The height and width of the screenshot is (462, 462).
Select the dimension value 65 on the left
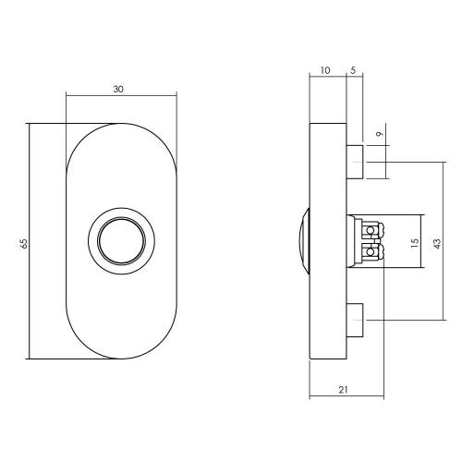tap(22, 242)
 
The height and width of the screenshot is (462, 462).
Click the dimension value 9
tap(379, 136)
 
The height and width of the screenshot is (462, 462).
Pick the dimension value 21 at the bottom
tap(344, 391)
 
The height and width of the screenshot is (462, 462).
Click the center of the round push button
tap(120, 241)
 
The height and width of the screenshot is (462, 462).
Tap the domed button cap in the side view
tap(303, 242)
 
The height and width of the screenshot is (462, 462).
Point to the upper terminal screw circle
tap(372, 230)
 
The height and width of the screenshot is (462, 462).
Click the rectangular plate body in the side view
tap(327, 305)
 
